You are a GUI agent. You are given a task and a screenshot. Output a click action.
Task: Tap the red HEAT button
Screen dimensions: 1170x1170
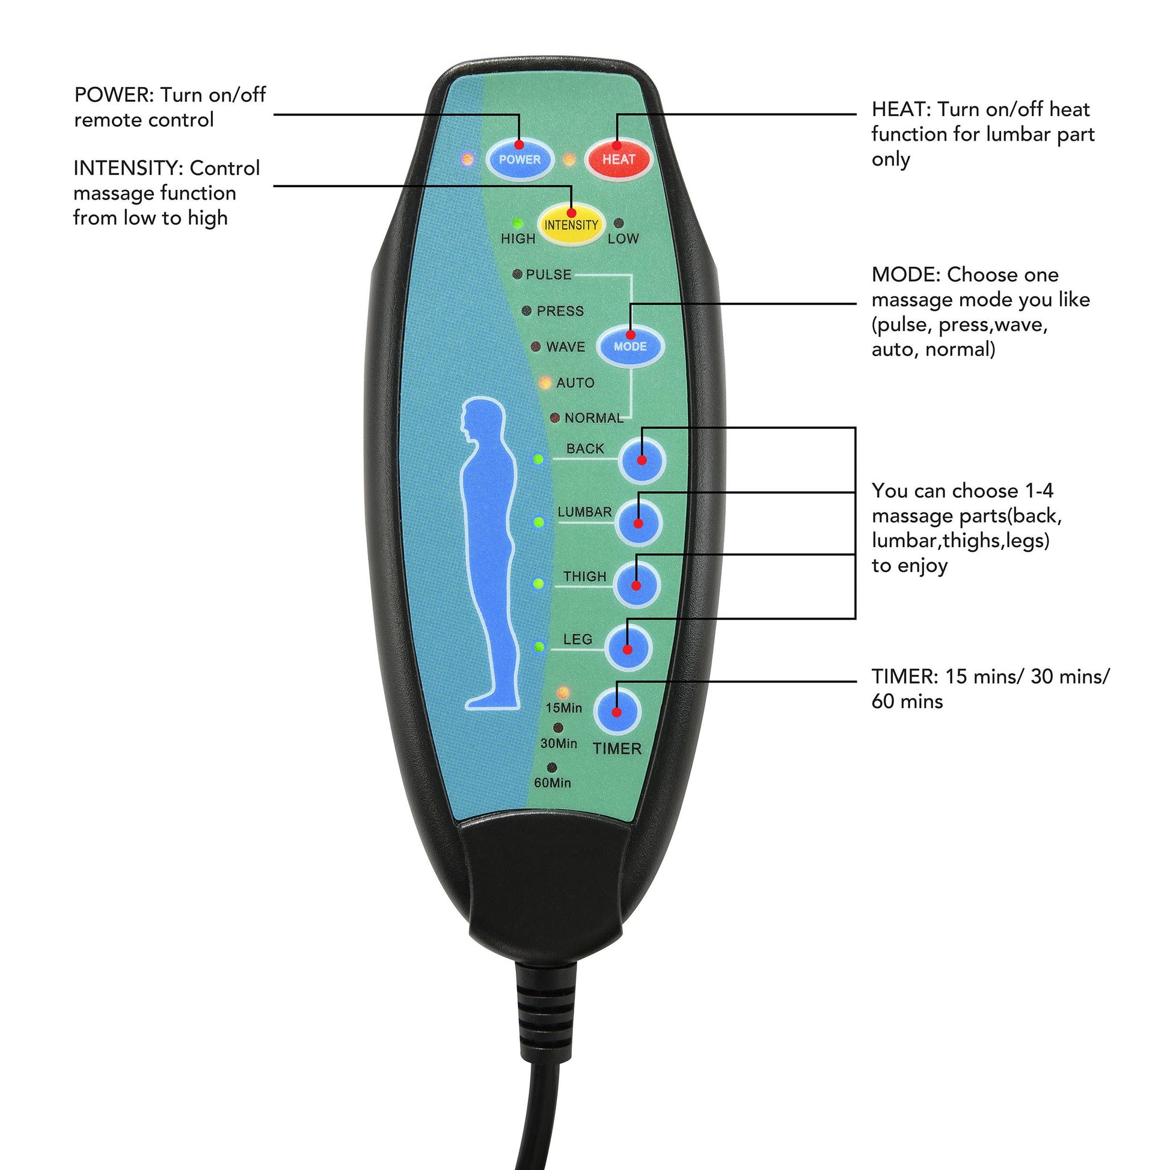(x=617, y=159)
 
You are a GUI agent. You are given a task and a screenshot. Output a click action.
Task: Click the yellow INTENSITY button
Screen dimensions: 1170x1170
(x=571, y=225)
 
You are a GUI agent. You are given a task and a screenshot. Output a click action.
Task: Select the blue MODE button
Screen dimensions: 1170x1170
(x=630, y=346)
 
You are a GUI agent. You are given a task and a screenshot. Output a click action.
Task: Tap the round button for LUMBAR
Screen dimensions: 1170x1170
(x=639, y=522)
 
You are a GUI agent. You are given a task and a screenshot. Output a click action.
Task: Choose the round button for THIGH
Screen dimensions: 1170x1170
(x=637, y=585)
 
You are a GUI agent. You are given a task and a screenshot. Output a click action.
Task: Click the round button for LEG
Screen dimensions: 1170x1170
(x=628, y=649)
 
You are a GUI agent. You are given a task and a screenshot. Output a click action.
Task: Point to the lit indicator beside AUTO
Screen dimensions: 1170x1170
(x=545, y=383)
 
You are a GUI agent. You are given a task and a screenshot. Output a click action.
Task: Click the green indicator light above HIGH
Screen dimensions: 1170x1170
(x=517, y=223)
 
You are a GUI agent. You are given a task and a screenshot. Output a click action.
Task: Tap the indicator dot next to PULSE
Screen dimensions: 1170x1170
(x=517, y=274)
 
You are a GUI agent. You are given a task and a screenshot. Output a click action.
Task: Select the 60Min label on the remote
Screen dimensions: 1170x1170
(x=553, y=782)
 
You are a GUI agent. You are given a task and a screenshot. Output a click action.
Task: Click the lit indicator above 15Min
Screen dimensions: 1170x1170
(x=563, y=691)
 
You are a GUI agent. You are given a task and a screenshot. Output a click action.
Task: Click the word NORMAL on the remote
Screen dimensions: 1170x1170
(x=593, y=418)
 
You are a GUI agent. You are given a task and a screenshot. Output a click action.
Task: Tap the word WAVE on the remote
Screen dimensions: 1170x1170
(x=566, y=347)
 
